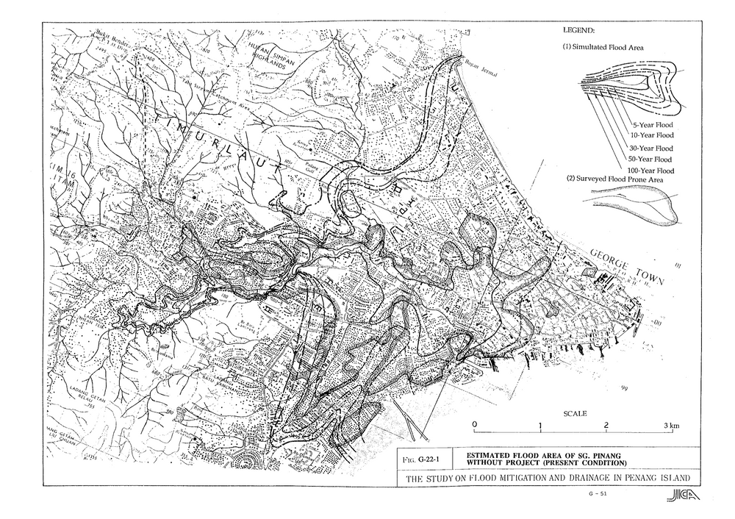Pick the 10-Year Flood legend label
(653, 135)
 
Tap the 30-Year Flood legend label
(653, 148)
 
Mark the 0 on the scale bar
(475, 426)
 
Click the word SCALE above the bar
(574, 414)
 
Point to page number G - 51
(598, 494)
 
